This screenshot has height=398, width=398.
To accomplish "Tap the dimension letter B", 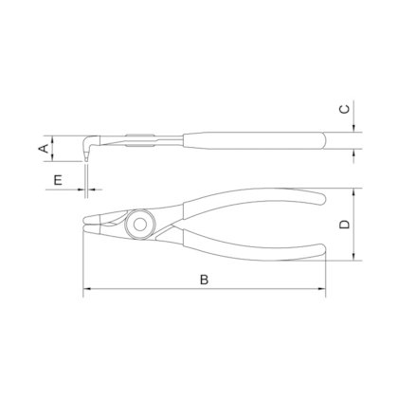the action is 204,280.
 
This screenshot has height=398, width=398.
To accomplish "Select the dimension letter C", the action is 344,109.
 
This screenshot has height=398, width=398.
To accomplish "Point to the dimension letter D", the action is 344,225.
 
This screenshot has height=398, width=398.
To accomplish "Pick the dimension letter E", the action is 58,180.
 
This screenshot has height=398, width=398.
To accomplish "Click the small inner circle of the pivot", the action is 139,225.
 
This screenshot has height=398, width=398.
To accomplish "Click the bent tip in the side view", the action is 88,149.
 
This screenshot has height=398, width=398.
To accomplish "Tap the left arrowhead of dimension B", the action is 87,288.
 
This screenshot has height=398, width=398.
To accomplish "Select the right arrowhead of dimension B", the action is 321,288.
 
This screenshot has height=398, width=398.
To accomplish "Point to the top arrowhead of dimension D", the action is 353,192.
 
